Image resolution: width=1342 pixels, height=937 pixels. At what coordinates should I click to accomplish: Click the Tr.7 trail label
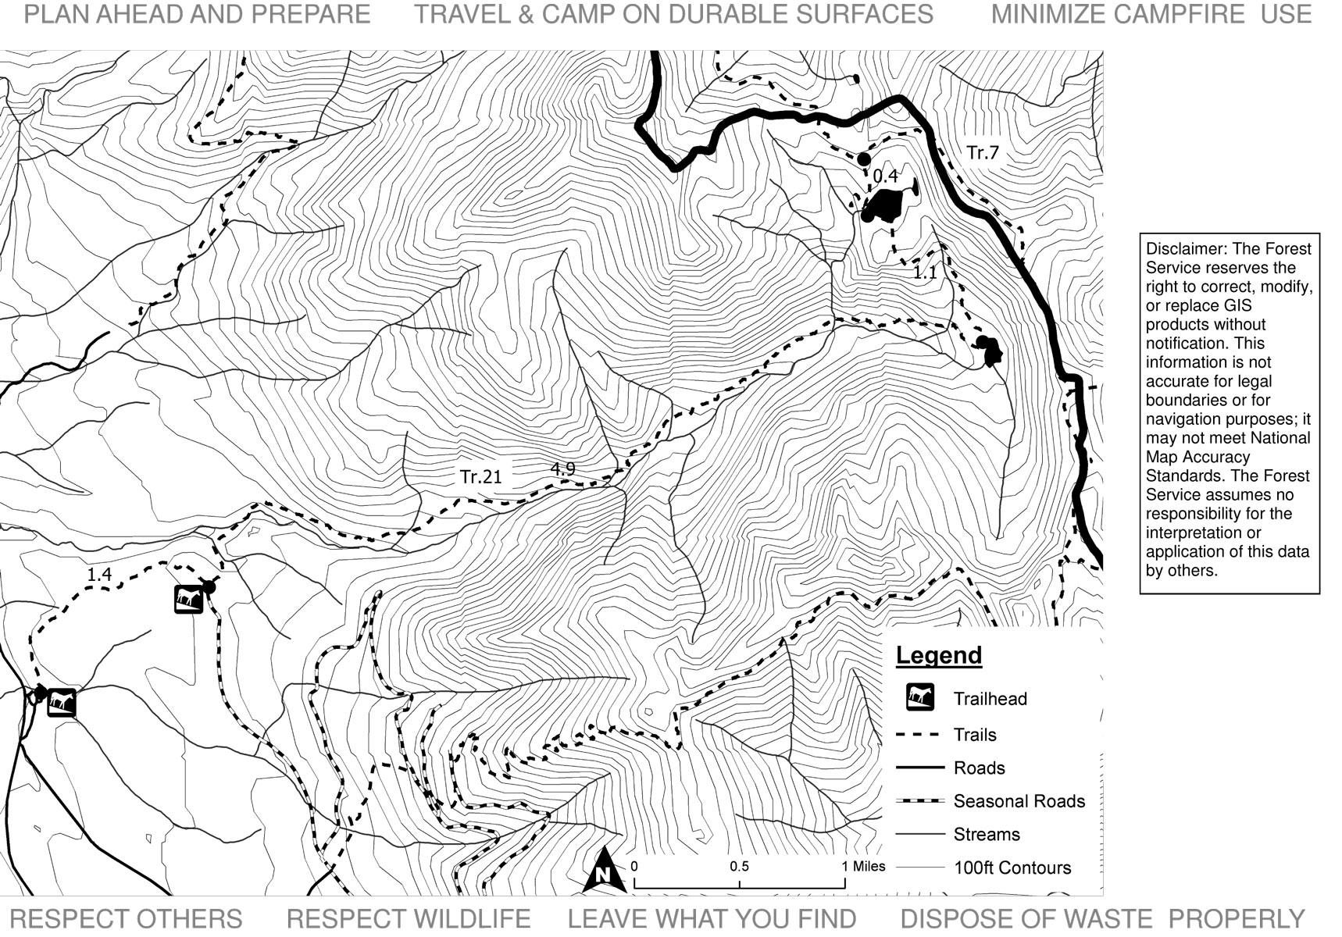(982, 152)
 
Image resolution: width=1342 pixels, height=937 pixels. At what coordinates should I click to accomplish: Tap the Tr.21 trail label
(480, 476)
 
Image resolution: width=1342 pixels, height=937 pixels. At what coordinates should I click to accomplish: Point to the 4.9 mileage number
(562, 468)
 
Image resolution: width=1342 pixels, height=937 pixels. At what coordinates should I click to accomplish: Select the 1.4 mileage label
(99, 575)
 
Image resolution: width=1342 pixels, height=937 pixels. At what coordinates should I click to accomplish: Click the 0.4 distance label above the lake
(885, 176)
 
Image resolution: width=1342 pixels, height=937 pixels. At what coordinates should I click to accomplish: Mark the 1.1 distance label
(925, 273)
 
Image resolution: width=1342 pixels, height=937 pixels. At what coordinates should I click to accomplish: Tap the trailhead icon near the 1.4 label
(187, 599)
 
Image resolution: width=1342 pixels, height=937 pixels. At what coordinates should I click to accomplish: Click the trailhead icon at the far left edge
(61, 702)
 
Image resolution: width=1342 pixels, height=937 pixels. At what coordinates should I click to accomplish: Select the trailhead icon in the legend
(920, 697)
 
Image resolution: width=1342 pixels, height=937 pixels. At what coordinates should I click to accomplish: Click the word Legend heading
(938, 655)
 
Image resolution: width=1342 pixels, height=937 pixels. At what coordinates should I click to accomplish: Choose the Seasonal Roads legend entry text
(1019, 801)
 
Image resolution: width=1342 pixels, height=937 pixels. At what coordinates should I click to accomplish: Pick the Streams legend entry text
(986, 835)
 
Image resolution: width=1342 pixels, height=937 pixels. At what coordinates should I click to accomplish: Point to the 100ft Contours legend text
(1012, 868)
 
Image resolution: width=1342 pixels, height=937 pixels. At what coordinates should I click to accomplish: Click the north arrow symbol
(603, 872)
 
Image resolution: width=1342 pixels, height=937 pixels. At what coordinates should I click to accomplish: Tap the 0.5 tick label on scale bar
(739, 867)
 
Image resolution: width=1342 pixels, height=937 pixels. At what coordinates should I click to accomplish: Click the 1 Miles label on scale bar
(863, 866)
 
